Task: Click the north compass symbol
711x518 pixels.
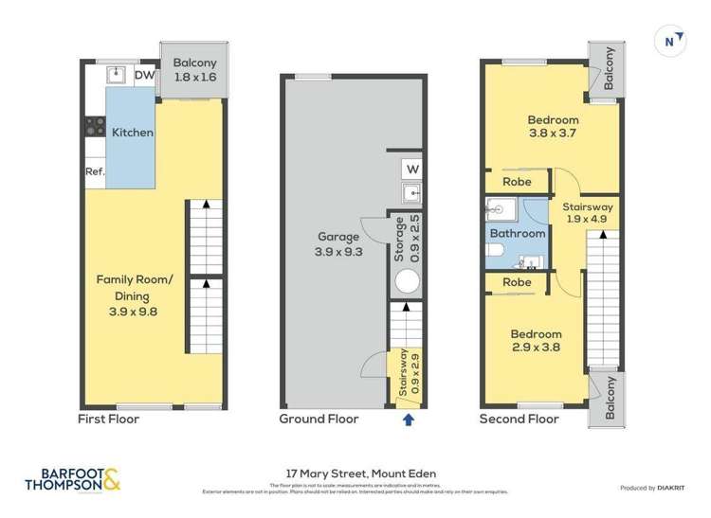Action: (x=671, y=40)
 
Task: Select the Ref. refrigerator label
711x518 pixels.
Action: (x=95, y=172)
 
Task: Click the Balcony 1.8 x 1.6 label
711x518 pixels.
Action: (x=194, y=72)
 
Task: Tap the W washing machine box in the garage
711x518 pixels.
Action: (x=411, y=170)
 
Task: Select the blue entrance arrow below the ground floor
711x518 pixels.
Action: (x=409, y=418)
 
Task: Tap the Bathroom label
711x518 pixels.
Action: (x=518, y=234)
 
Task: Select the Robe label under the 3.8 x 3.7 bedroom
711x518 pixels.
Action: (x=517, y=182)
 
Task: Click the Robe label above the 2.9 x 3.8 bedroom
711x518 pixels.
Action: (x=517, y=282)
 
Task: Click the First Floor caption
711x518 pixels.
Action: (x=108, y=419)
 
